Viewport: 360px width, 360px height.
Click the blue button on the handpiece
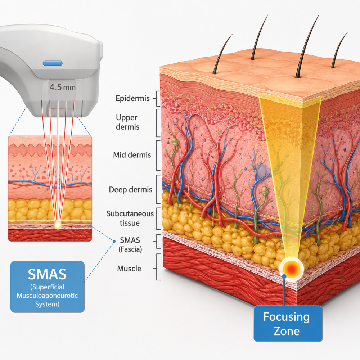click(x=53, y=63)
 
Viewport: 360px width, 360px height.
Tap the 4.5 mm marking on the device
click(x=62, y=87)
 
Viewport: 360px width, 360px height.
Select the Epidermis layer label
click(x=132, y=98)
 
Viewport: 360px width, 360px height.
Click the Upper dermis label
click(x=127, y=122)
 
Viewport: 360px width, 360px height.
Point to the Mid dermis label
click(x=132, y=155)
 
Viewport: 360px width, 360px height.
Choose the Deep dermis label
click(x=130, y=190)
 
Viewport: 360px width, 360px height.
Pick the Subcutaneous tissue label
click(x=130, y=219)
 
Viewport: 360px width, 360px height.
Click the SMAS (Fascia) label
click(x=130, y=245)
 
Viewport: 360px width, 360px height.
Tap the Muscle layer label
click(x=129, y=269)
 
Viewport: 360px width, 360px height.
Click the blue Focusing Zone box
click(x=288, y=324)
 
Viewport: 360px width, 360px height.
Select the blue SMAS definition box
click(x=47, y=287)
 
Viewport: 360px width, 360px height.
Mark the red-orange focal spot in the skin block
click(x=291, y=268)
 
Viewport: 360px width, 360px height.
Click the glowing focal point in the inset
click(x=58, y=225)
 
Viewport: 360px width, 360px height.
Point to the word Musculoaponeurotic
click(x=47, y=296)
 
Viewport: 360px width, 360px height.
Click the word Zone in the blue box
click(x=287, y=331)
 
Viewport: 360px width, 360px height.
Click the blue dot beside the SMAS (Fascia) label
click(x=114, y=241)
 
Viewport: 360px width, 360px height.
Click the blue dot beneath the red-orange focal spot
click(x=284, y=276)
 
